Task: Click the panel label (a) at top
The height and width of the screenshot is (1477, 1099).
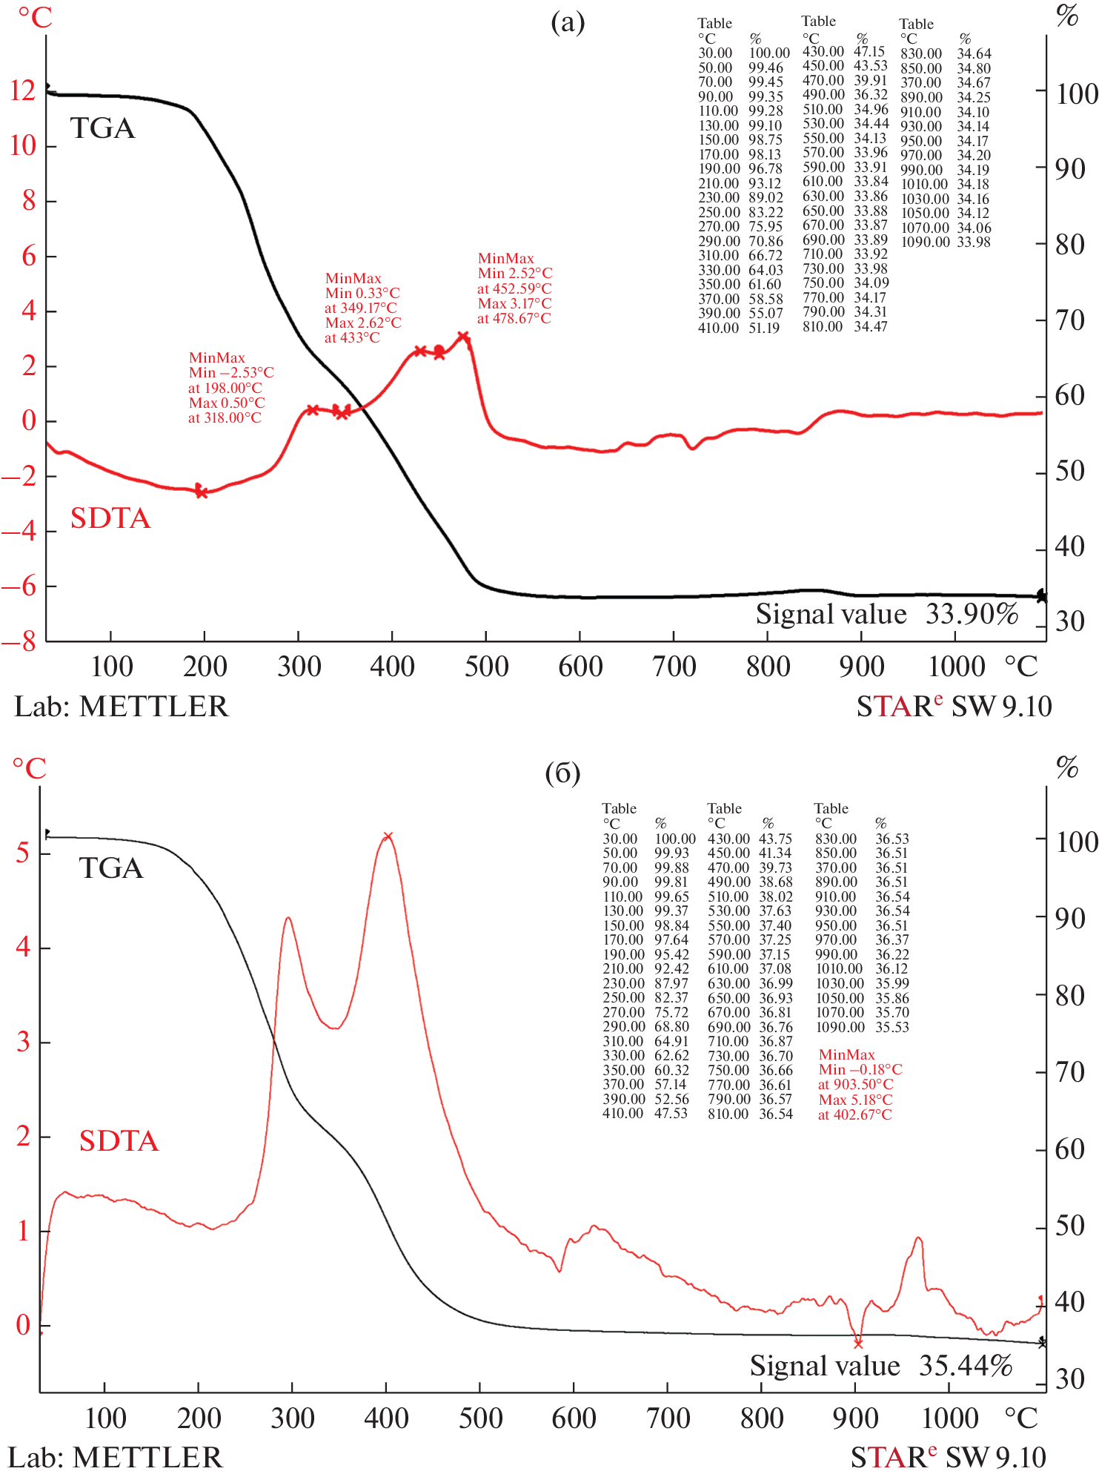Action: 568,23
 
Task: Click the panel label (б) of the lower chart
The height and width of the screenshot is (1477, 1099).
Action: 562,773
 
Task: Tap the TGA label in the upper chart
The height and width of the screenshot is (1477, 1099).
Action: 103,128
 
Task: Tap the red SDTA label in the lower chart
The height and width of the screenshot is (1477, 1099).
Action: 119,1140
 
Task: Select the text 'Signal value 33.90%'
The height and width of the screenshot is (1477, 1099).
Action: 887,614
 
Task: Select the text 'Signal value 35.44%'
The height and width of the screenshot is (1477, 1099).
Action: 881,1365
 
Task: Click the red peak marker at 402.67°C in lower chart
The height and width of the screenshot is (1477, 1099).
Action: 387,837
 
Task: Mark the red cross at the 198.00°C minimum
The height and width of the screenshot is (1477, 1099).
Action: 201,491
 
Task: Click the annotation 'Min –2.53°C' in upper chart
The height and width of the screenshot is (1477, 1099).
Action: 231,372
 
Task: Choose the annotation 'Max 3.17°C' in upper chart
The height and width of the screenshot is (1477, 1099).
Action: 514,303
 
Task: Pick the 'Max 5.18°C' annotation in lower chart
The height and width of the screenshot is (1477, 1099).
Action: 855,1100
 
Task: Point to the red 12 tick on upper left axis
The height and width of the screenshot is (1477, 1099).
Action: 23,90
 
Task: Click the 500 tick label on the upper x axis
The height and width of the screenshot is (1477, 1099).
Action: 486,667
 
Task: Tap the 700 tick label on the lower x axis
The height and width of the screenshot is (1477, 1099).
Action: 668,1418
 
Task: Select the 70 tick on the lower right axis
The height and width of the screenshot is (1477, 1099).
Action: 1070,1071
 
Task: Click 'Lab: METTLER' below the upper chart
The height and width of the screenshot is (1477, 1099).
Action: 122,706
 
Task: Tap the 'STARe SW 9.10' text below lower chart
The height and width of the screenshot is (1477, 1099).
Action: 948,1458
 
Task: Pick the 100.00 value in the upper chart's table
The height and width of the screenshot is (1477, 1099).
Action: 769,53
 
